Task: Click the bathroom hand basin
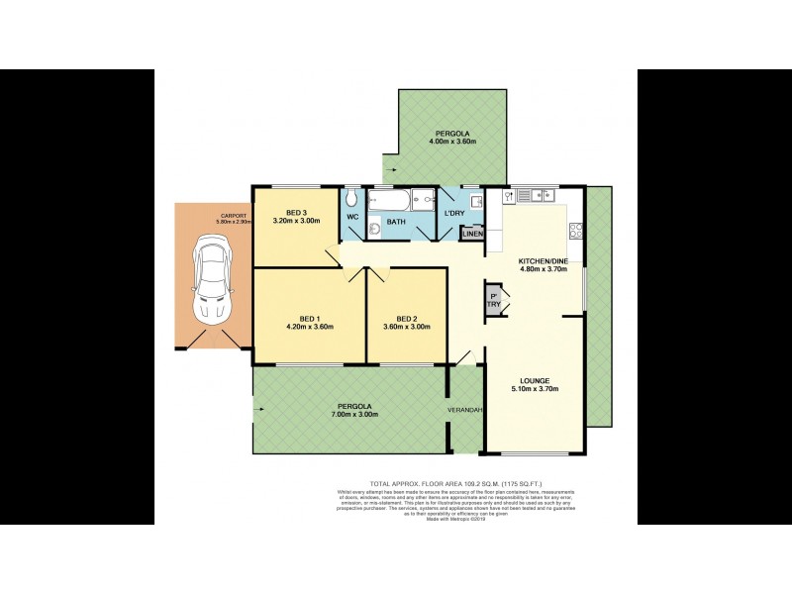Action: (374, 229)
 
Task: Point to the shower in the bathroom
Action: (423, 199)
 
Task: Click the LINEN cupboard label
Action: (472, 234)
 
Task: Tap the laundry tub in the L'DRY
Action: (475, 202)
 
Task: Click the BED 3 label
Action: (296, 213)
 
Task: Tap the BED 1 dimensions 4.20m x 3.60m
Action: (310, 327)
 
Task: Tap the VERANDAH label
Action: (464, 410)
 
